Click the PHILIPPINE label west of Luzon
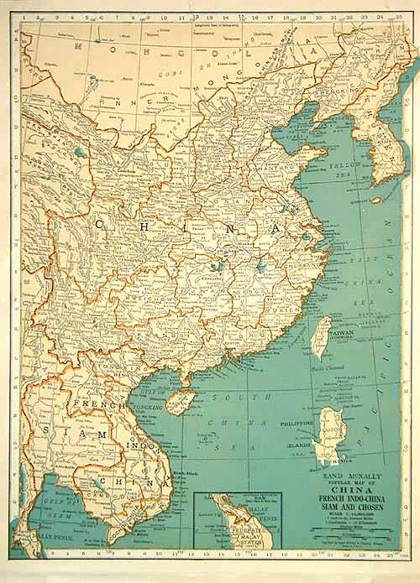point(293,424)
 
